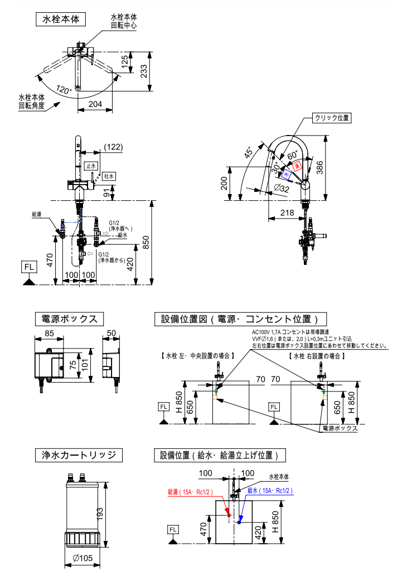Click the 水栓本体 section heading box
coord(61,19)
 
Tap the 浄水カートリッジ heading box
coord(79,456)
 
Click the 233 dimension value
coord(144,71)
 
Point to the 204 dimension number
coord(96,104)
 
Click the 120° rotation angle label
coord(64,90)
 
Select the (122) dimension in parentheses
coord(113,147)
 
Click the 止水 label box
coord(91,166)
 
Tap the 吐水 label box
coord(109,176)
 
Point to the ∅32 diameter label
coord(282,189)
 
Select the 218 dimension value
coord(287,212)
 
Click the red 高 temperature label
coord(297,165)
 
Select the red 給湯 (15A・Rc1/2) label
coord(187,492)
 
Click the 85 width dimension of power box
coord(50,334)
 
